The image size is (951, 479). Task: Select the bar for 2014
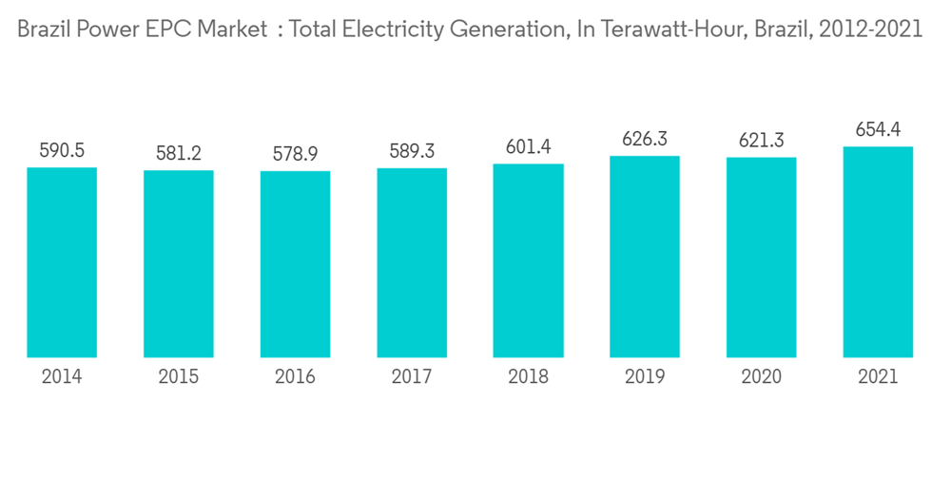(x=62, y=262)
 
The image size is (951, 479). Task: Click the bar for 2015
(x=179, y=264)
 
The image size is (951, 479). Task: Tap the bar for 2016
(x=295, y=264)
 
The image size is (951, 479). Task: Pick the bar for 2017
(x=412, y=262)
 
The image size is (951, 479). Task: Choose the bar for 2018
(x=528, y=260)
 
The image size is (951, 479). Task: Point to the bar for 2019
(x=645, y=257)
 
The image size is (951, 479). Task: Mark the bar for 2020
(x=761, y=258)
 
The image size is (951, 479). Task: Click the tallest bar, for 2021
(x=878, y=252)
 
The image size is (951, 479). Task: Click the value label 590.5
(x=62, y=150)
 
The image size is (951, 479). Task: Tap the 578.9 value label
(x=295, y=154)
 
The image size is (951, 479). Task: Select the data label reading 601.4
(x=528, y=147)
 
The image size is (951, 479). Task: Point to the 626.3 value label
(x=645, y=139)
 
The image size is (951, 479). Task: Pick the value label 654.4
(x=878, y=129)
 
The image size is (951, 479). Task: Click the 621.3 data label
(x=761, y=141)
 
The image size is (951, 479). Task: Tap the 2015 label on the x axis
(x=179, y=377)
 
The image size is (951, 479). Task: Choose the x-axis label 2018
(x=528, y=377)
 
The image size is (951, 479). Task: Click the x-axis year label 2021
(x=878, y=377)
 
